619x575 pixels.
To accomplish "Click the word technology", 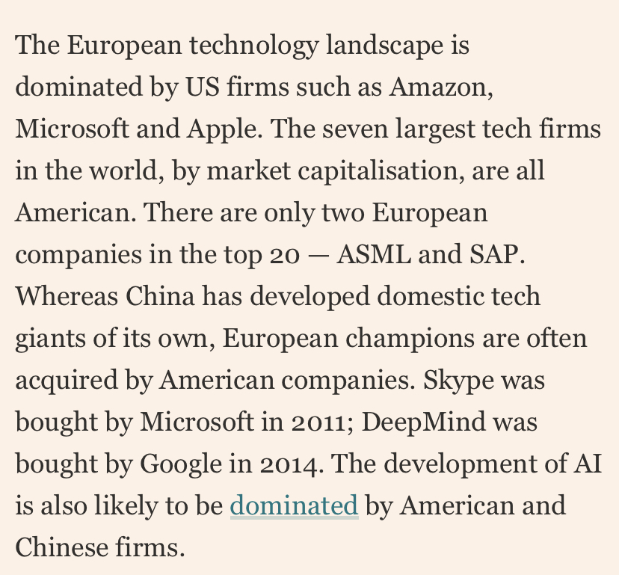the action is tap(254, 46).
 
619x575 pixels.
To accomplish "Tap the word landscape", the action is tap(384, 45).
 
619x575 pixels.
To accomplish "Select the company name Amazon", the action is tap(441, 87).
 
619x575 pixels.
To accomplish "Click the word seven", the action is tap(355, 129).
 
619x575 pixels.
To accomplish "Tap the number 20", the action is tap(285, 255).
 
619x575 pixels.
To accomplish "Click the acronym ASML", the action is tap(374, 254).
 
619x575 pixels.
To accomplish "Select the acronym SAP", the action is tap(497, 254).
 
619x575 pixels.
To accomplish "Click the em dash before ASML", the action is tap(318, 256).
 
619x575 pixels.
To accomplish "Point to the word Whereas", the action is tap(67, 296).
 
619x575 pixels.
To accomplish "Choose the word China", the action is tap(160, 296).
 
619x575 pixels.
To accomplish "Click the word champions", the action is tap(410, 339).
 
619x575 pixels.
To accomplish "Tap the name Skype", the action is tap(458, 381).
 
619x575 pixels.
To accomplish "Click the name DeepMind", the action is tap(423, 422).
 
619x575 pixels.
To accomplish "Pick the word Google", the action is tap(180, 464).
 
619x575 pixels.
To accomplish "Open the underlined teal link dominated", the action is tap(294, 505).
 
